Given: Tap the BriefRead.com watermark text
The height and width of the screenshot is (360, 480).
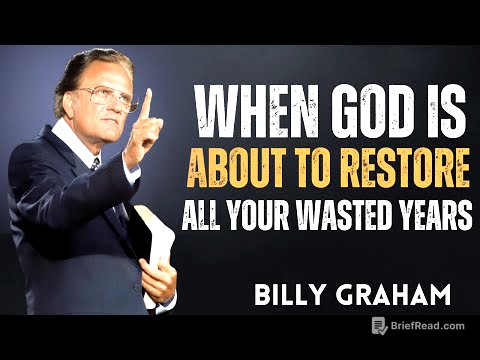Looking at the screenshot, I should [x=424, y=324].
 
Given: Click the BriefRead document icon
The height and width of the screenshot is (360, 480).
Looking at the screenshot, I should [x=379, y=324].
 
